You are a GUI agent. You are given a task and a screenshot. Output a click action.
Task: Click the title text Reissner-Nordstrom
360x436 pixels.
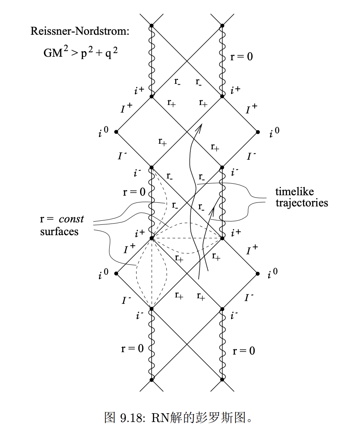[80, 31]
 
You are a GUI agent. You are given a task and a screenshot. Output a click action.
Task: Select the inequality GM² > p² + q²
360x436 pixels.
[78, 53]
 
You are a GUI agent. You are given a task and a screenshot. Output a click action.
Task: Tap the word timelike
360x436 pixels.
[295, 191]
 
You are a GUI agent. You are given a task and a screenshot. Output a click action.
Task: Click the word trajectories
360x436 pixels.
[302, 202]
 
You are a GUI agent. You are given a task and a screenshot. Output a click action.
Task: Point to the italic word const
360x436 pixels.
[71, 219]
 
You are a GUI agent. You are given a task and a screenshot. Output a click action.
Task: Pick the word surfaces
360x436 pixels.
[59, 231]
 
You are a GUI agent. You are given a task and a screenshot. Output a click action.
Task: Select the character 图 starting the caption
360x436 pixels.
[109, 418]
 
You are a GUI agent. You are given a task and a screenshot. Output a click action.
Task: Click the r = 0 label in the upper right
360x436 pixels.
[241, 57]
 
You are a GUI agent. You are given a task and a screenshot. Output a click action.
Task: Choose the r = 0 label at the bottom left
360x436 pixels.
[132, 348]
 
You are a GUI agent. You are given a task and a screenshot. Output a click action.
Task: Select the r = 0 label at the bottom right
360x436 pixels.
[243, 351]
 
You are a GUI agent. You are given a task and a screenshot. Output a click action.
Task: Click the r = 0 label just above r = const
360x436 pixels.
[134, 192]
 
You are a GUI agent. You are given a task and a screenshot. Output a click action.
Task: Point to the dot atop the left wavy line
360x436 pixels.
[152, 26]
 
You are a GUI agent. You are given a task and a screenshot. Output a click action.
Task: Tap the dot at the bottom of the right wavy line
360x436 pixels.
[222, 380]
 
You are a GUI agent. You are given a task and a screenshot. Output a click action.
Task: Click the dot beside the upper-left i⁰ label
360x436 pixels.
[116, 132]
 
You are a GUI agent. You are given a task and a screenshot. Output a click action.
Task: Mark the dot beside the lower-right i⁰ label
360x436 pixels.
[258, 274]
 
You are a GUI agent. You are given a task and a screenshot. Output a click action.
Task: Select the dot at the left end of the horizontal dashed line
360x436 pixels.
[152, 238]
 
